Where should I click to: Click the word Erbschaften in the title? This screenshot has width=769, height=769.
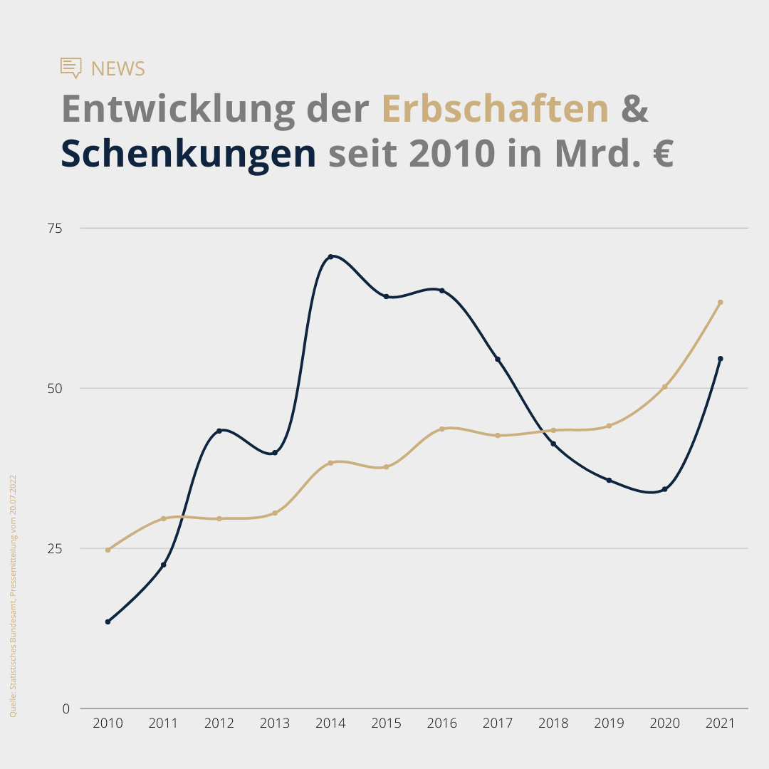[495, 109]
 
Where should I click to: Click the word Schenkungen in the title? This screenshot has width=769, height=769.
[188, 154]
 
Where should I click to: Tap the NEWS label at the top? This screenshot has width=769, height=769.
[118, 68]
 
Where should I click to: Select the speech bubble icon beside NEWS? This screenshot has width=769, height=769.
[71, 68]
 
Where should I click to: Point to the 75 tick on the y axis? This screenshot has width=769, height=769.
[55, 228]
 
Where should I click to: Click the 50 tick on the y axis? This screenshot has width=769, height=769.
[55, 388]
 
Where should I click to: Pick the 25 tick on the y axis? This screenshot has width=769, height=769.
[55, 548]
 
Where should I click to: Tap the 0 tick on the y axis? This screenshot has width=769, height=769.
[66, 708]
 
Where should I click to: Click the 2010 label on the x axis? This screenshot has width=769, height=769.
[108, 723]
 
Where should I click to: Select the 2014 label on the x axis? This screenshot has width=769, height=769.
[330, 723]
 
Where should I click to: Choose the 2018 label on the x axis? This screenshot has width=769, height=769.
[553, 723]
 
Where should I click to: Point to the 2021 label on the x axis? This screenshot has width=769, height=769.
[720, 723]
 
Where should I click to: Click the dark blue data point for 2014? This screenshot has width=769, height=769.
[330, 256]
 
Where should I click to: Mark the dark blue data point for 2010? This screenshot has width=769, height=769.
[108, 622]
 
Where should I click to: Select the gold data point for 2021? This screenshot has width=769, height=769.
[721, 302]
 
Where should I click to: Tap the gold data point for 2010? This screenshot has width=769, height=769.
[108, 550]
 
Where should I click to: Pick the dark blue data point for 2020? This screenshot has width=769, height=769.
[664, 489]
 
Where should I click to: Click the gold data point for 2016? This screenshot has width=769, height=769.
[441, 429]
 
